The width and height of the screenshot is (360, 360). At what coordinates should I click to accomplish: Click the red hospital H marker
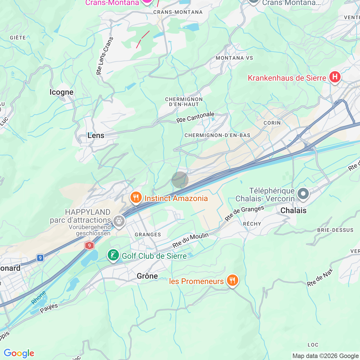click(335, 77)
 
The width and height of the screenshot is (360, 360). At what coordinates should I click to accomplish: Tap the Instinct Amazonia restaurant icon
click(136, 197)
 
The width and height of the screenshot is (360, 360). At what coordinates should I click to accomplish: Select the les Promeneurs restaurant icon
click(232, 280)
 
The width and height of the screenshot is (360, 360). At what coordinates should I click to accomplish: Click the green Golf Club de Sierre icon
click(113, 255)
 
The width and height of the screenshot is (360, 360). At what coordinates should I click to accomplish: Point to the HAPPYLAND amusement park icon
click(119, 221)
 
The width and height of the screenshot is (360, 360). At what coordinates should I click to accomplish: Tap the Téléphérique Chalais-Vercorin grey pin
click(303, 194)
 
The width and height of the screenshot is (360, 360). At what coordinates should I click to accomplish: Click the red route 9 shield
click(89, 246)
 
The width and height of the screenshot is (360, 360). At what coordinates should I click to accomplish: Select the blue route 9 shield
click(40, 258)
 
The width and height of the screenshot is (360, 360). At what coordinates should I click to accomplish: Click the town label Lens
click(96, 136)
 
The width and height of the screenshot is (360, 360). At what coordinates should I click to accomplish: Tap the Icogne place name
click(61, 92)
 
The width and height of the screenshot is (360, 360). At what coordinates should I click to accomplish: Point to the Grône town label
click(147, 276)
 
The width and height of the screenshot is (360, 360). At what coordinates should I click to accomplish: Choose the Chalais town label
click(293, 210)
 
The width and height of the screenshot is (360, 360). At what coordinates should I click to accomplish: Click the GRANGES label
click(148, 235)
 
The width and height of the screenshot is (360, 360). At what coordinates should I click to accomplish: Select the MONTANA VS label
click(234, 58)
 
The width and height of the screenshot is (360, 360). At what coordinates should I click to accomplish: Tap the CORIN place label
click(272, 123)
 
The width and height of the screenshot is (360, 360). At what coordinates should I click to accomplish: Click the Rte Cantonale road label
click(195, 117)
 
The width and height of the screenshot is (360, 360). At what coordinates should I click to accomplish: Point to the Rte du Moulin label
click(190, 240)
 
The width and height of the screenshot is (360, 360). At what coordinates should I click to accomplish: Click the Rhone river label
click(39, 298)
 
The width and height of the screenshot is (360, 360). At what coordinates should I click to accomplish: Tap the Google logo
click(19, 353)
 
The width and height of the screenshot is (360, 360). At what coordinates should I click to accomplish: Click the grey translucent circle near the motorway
click(180, 180)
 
